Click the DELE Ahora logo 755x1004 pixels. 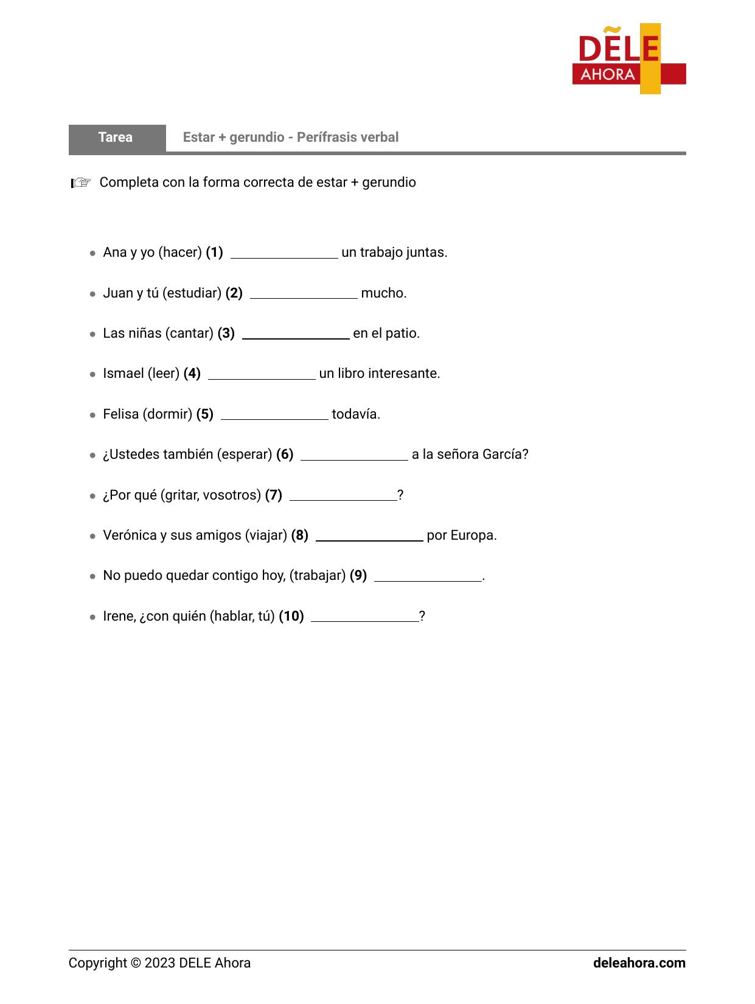click(628, 59)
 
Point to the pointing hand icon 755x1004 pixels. click(80, 183)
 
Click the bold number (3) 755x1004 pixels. click(226, 333)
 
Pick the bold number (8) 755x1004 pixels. click(300, 535)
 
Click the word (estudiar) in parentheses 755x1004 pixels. click(192, 293)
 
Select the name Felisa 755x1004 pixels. click(121, 414)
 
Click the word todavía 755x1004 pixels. click(355, 414)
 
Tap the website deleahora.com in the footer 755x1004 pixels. click(639, 963)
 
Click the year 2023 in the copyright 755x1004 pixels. click(160, 963)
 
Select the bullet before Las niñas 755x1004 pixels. click(92, 334)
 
